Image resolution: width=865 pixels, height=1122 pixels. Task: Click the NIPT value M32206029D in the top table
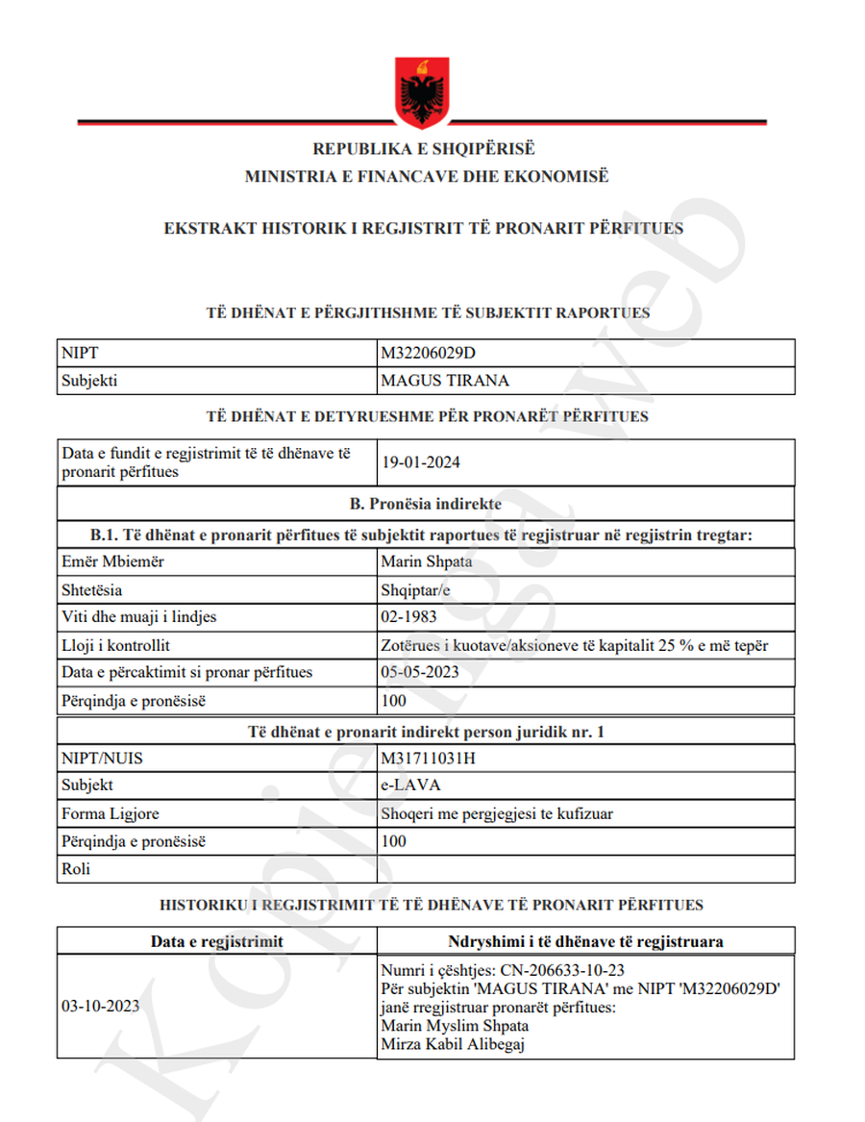point(428,353)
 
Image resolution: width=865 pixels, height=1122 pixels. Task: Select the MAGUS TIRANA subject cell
point(445,381)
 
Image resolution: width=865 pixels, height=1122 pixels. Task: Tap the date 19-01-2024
point(420,462)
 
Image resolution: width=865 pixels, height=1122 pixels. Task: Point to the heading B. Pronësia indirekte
point(425,503)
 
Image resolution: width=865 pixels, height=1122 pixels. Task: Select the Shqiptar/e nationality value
point(415,589)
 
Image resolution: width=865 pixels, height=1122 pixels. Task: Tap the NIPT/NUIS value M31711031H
point(428,758)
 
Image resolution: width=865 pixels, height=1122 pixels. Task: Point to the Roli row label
point(76,870)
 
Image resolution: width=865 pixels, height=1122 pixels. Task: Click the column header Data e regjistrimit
point(216,941)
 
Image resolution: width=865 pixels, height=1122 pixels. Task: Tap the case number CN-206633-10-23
point(556,970)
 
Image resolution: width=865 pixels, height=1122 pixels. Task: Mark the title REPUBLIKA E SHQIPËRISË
point(423,150)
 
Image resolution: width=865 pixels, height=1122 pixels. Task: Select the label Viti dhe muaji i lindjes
point(137,617)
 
